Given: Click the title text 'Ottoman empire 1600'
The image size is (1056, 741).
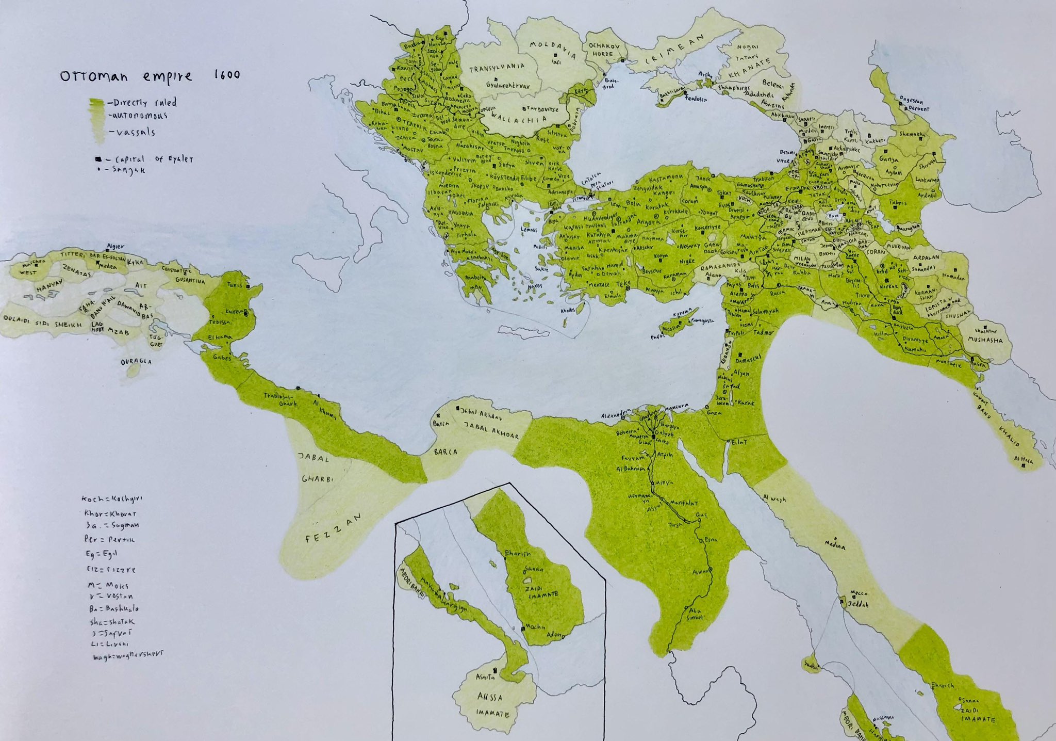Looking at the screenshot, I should click(150, 76).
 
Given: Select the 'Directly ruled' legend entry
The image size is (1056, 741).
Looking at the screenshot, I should click(145, 102).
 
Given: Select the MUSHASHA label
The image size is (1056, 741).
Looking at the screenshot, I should click(985, 340).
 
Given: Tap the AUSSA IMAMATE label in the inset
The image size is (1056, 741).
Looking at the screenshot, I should click(490, 705).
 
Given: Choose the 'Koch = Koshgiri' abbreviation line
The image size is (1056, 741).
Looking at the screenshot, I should click(112, 499).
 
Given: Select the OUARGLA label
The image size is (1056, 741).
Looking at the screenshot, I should click(136, 362).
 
